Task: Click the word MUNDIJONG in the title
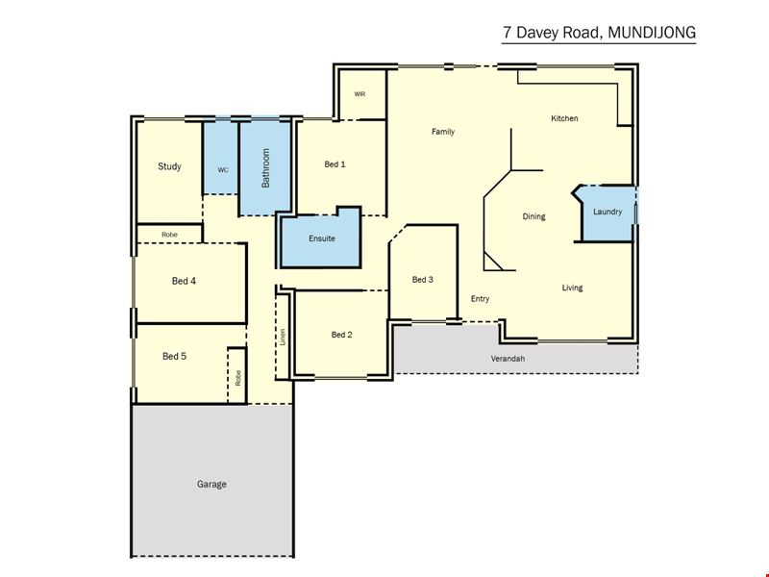point(652,33)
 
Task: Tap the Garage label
point(211,485)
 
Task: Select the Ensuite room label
point(322,238)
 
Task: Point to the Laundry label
point(608,212)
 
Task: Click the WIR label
point(360,94)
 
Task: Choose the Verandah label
point(508,359)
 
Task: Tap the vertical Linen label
point(283,338)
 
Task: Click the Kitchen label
point(564,118)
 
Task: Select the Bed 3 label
point(423,280)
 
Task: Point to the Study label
point(170,166)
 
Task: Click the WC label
point(223,170)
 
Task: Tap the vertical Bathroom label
point(266,168)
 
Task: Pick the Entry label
point(480,299)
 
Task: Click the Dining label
point(533,216)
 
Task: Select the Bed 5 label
point(175,356)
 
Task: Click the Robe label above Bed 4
point(170,235)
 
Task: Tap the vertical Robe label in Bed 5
point(238,378)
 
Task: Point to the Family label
point(443,132)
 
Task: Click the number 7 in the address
point(508,33)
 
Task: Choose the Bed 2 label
point(342,335)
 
